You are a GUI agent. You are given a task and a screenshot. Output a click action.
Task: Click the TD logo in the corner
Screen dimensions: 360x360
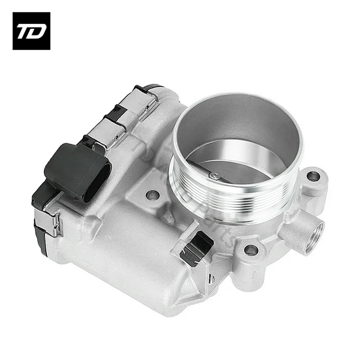point(31,31)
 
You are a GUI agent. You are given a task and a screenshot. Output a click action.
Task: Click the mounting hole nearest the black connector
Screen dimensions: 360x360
point(153,195)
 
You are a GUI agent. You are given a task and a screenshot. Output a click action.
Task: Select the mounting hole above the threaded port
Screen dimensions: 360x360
point(313,176)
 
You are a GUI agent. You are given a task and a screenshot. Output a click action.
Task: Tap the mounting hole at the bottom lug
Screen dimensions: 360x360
point(251,250)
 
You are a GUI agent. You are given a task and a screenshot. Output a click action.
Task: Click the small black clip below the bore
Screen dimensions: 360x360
point(197,246)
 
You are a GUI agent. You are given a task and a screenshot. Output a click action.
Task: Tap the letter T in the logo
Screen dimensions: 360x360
point(25,31)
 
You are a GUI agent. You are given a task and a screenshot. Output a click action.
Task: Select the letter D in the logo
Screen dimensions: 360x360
point(37,31)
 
